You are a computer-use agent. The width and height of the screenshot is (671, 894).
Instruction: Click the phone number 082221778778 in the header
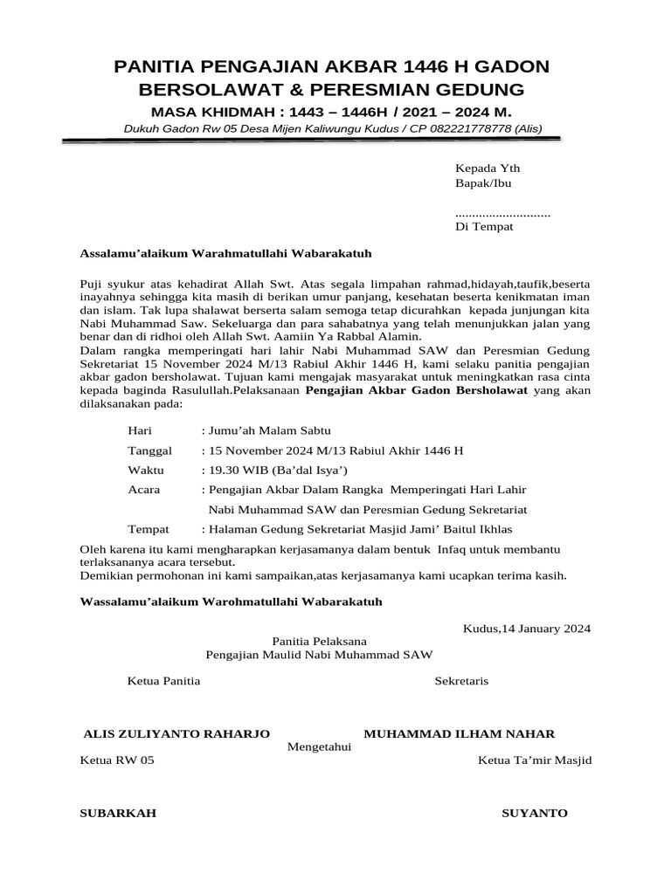[x=474, y=129]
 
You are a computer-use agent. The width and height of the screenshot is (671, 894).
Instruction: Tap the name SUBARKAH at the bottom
[x=118, y=813]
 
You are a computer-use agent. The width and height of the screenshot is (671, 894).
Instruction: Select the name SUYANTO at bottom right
[x=534, y=813]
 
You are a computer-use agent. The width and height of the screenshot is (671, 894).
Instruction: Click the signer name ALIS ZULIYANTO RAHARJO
[x=175, y=733]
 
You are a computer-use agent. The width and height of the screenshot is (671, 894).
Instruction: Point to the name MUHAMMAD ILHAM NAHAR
[x=459, y=733]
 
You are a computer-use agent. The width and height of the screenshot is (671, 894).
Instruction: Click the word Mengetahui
[x=320, y=746]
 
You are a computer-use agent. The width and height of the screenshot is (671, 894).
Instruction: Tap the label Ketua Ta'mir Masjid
[x=535, y=760]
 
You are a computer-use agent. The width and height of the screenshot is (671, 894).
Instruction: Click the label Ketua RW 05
[x=116, y=760]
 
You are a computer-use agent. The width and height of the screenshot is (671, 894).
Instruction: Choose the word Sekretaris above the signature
[x=461, y=680]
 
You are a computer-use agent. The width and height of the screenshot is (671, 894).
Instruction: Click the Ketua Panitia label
[x=164, y=680]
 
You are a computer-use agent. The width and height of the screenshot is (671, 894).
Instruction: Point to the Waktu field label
[x=145, y=470]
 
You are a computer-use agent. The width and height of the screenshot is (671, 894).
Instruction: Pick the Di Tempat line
[x=484, y=227]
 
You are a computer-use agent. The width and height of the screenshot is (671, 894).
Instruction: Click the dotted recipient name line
[x=502, y=213]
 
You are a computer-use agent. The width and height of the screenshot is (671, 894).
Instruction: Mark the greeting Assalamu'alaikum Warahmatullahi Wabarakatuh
[x=225, y=253]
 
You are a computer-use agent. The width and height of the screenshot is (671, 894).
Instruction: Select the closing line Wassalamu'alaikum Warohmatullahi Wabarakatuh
[x=231, y=602]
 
